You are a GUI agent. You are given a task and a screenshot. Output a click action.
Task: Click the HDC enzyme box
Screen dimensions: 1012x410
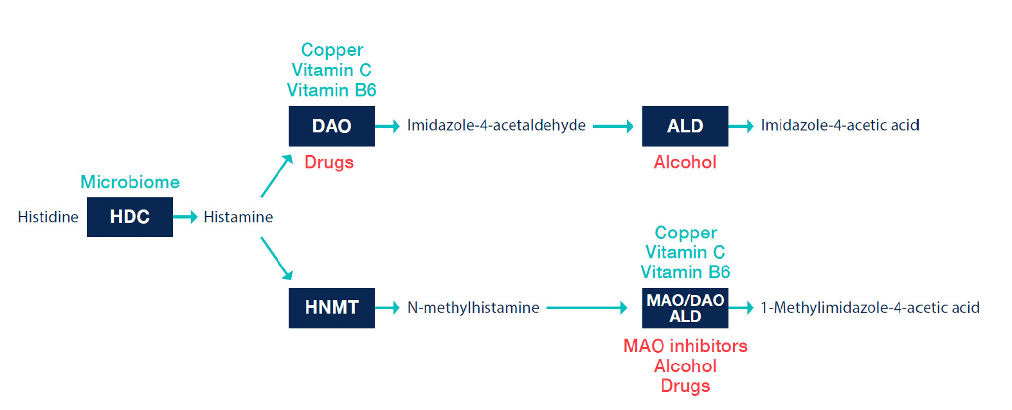(x=130, y=217)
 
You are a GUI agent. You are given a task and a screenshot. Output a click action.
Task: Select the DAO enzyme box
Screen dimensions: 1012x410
(x=332, y=126)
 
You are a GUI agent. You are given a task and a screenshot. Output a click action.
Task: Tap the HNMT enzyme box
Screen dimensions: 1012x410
(x=332, y=308)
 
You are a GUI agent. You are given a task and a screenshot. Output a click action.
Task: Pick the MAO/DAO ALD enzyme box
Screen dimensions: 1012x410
(x=685, y=308)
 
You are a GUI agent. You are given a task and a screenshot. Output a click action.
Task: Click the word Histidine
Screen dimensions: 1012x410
(x=48, y=217)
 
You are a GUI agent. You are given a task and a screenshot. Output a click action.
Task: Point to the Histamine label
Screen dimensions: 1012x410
(x=238, y=217)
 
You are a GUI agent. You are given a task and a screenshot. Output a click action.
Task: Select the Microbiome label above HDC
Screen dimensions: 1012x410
(x=130, y=182)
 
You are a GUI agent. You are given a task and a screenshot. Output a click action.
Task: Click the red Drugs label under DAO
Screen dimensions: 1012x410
(x=329, y=163)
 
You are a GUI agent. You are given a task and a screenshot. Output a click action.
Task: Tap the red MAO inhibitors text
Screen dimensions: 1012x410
(x=685, y=346)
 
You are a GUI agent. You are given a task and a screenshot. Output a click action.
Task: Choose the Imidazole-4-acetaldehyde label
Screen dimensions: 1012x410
(x=496, y=125)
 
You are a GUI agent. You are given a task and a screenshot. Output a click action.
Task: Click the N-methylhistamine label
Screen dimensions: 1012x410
(x=473, y=307)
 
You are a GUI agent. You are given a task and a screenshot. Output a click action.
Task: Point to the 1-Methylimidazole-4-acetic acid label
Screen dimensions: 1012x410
(x=870, y=307)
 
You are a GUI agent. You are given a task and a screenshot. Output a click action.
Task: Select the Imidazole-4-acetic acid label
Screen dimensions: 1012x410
(x=840, y=125)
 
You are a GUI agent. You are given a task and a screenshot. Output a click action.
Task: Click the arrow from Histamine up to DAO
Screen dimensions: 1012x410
(x=276, y=176)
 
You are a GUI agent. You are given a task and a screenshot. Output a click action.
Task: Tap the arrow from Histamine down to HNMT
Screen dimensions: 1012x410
(x=276, y=258)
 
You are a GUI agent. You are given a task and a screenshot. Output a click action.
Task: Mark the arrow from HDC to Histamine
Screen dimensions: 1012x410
(x=185, y=217)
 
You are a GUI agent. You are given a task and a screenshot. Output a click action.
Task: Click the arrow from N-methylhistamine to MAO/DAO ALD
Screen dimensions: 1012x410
(x=587, y=308)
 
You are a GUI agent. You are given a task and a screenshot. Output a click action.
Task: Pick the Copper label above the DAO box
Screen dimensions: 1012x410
(x=332, y=50)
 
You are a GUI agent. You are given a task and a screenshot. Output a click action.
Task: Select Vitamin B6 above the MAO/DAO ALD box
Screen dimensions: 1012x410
(x=685, y=272)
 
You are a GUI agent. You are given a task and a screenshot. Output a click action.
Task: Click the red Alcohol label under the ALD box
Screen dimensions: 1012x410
(x=685, y=163)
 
